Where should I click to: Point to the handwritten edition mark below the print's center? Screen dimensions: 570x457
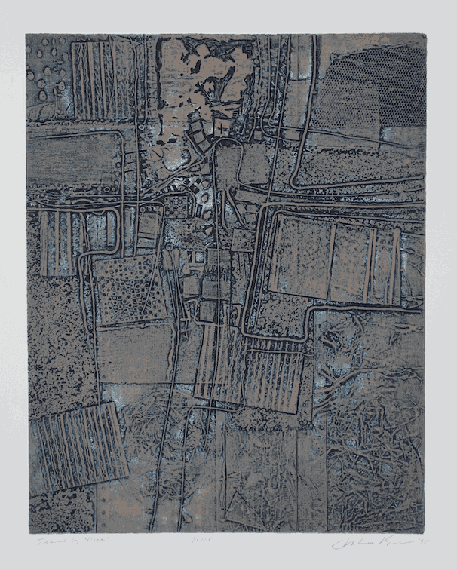227,541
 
